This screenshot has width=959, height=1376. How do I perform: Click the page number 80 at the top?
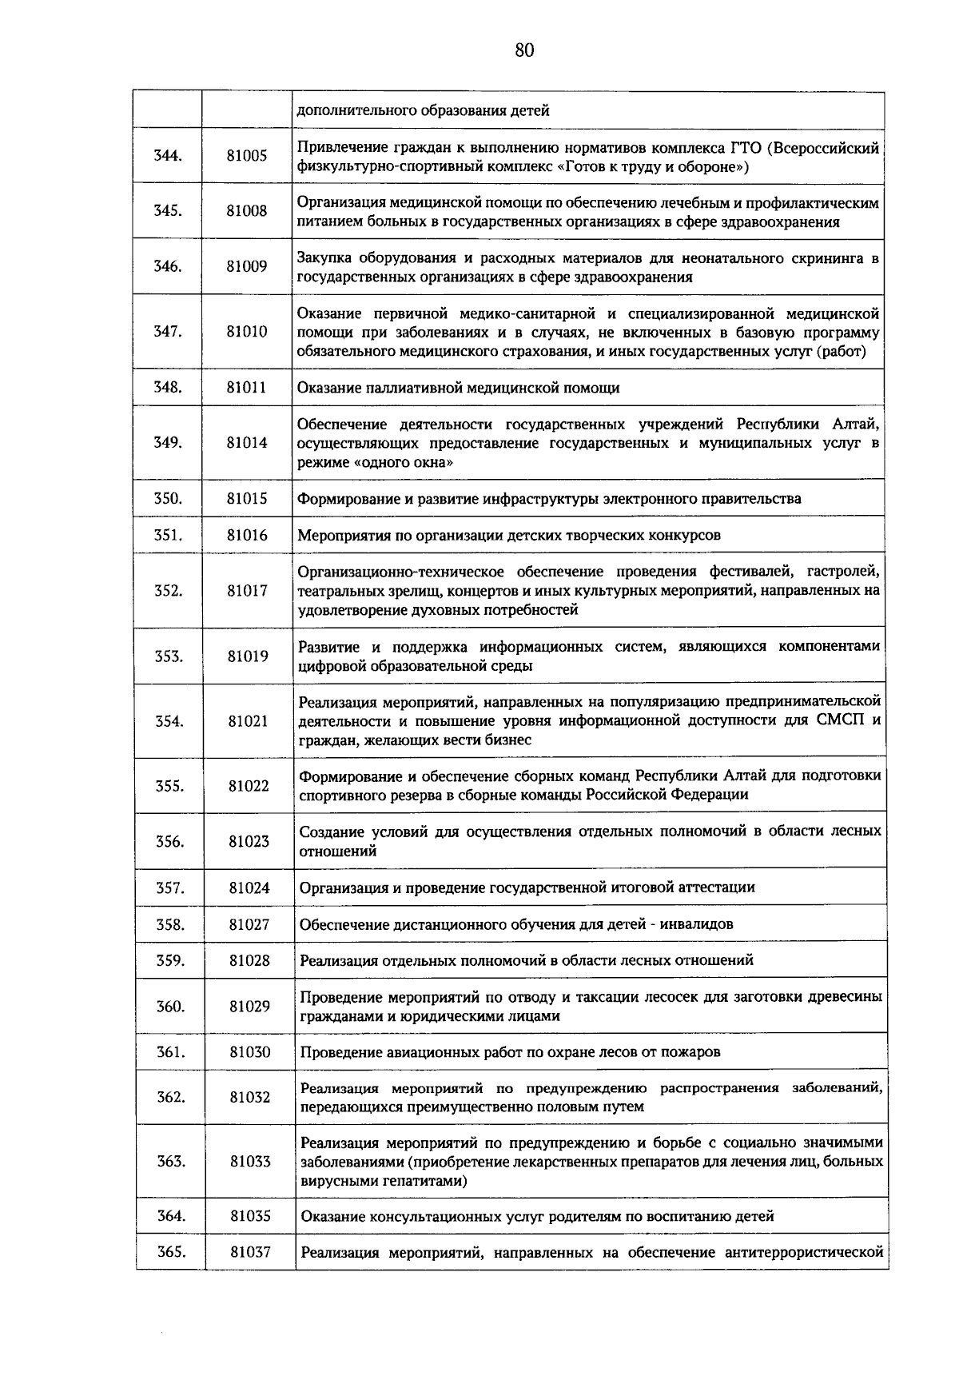pyautogui.click(x=523, y=50)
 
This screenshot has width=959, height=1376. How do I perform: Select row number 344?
pyautogui.click(x=168, y=156)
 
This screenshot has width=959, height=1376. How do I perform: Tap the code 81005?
pyautogui.click(x=247, y=156)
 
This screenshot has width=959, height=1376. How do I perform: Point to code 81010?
pyautogui.click(x=247, y=332)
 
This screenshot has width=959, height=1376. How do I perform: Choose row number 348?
pyautogui.click(x=168, y=388)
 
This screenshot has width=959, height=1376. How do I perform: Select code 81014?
pyautogui.click(x=247, y=443)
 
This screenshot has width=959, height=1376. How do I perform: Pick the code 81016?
pyautogui.click(x=247, y=535)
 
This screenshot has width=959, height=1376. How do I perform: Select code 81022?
pyautogui.click(x=249, y=786)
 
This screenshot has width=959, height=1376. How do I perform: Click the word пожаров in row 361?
pyautogui.click(x=690, y=1052)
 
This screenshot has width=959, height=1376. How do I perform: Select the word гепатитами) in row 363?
pyautogui.click(x=427, y=1181)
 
